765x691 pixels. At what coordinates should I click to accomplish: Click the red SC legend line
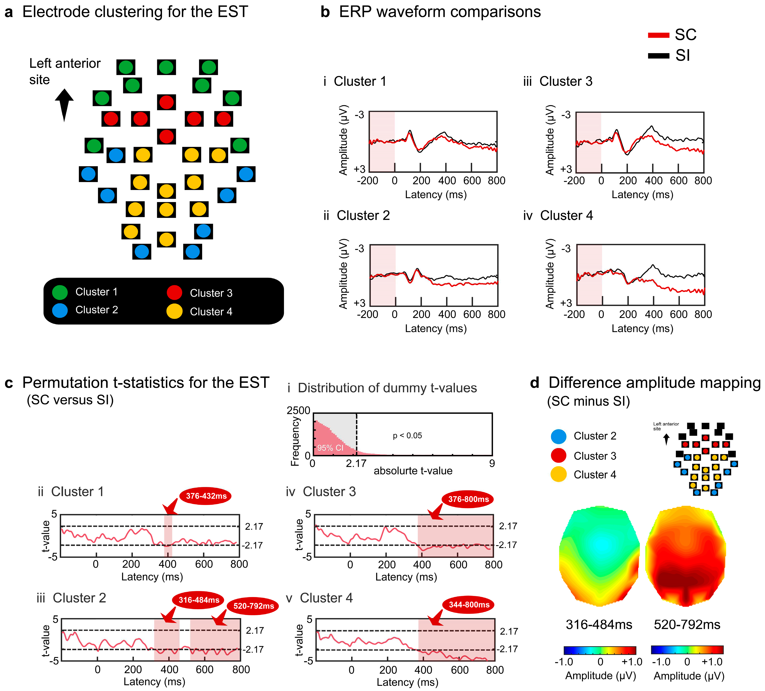point(658,35)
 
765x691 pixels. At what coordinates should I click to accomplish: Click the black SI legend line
point(658,56)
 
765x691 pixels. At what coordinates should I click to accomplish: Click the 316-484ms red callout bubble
point(199,600)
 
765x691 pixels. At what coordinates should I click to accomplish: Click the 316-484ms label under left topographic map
point(599,625)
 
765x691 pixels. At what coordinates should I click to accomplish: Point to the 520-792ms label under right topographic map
point(687,625)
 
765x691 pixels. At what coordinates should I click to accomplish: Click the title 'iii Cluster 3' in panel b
point(558,81)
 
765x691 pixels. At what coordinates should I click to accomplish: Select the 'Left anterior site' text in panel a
point(65,71)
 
